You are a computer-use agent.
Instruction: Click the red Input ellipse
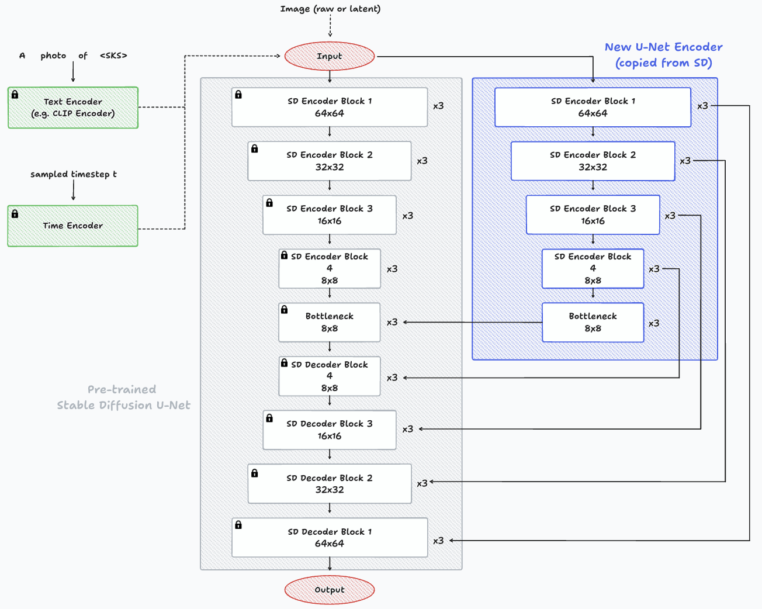point(330,56)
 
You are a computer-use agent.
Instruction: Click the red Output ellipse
point(330,590)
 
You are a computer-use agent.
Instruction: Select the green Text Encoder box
point(73,108)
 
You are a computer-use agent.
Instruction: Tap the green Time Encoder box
point(73,226)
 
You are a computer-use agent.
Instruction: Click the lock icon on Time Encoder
point(15,214)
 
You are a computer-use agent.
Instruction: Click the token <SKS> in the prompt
point(113,56)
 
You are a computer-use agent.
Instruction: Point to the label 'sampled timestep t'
point(74,174)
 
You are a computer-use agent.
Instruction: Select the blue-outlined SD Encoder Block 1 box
point(593,107)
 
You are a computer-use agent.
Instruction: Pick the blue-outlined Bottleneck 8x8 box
point(593,322)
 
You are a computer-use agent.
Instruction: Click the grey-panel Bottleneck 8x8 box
point(330,322)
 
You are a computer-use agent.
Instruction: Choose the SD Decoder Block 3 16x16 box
point(330,430)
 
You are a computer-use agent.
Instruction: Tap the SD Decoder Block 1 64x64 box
point(330,537)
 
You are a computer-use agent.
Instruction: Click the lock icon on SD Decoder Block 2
point(254,473)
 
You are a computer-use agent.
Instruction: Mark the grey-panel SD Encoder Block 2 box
point(330,161)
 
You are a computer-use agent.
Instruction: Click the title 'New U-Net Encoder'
point(663,47)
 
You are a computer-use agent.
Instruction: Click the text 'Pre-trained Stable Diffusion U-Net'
point(123,397)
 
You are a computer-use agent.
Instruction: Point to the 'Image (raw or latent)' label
point(330,9)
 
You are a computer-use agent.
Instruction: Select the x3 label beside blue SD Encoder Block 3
point(670,216)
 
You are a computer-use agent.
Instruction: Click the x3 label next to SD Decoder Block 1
point(438,541)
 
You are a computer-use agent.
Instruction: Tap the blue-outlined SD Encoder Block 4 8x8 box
point(593,268)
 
